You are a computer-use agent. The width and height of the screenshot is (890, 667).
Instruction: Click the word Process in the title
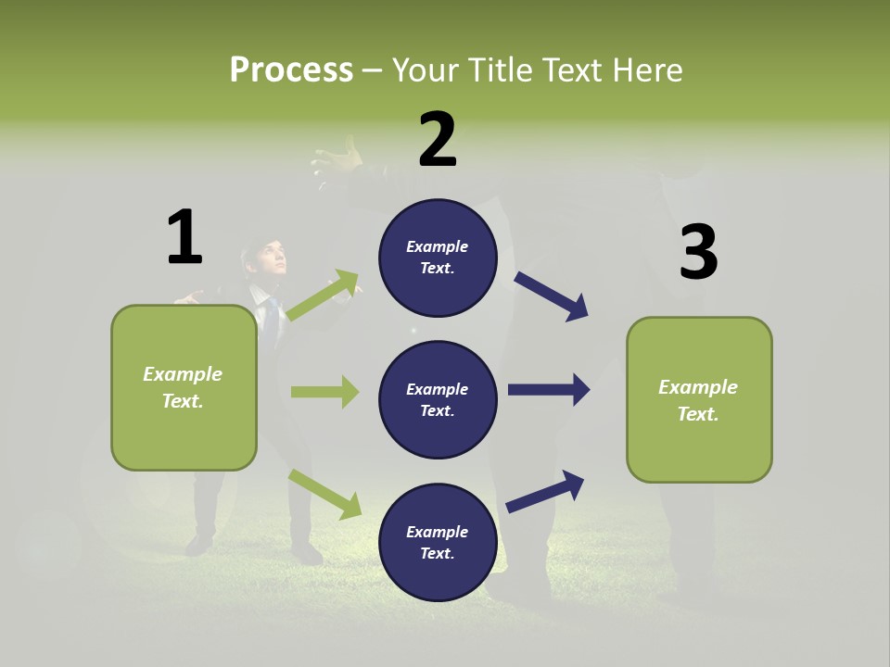(x=291, y=70)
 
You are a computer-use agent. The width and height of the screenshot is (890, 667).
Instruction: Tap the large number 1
(x=184, y=237)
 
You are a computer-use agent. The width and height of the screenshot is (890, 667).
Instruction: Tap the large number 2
(x=438, y=140)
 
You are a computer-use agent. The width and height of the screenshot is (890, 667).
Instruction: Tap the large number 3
(x=698, y=252)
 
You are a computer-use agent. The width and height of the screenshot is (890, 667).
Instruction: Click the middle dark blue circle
(x=438, y=399)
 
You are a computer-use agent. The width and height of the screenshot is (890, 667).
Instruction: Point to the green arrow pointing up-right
(x=324, y=296)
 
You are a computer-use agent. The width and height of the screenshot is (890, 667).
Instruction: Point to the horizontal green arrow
(x=324, y=392)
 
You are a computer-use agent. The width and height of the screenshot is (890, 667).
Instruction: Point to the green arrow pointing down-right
(x=324, y=494)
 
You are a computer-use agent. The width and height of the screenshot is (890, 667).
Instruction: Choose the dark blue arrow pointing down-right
(x=551, y=296)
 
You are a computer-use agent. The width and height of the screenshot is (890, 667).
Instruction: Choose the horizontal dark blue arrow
(x=548, y=389)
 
